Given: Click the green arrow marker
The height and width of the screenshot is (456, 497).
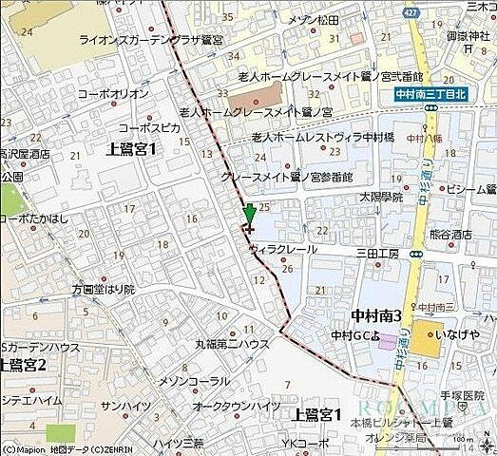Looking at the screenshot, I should coord(249,213).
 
